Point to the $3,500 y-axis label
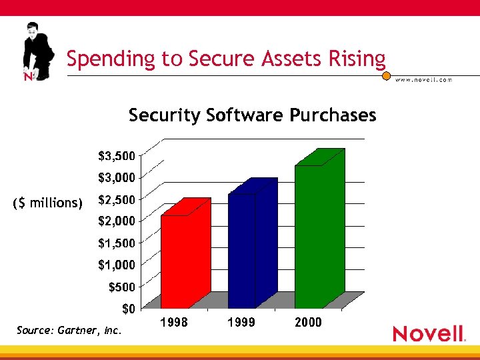(x=116, y=156)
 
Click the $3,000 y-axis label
(x=116, y=178)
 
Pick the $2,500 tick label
(x=116, y=200)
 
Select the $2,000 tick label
(x=116, y=221)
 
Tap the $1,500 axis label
(x=116, y=243)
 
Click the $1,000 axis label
(x=116, y=265)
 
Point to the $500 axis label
(x=121, y=287)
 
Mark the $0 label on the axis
(x=128, y=309)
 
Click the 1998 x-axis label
(x=175, y=323)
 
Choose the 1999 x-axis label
(x=241, y=323)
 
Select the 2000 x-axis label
(x=308, y=323)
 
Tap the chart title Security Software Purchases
(x=252, y=115)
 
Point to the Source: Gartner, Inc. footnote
(x=70, y=330)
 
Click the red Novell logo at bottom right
(x=428, y=333)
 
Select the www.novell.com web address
(x=423, y=80)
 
